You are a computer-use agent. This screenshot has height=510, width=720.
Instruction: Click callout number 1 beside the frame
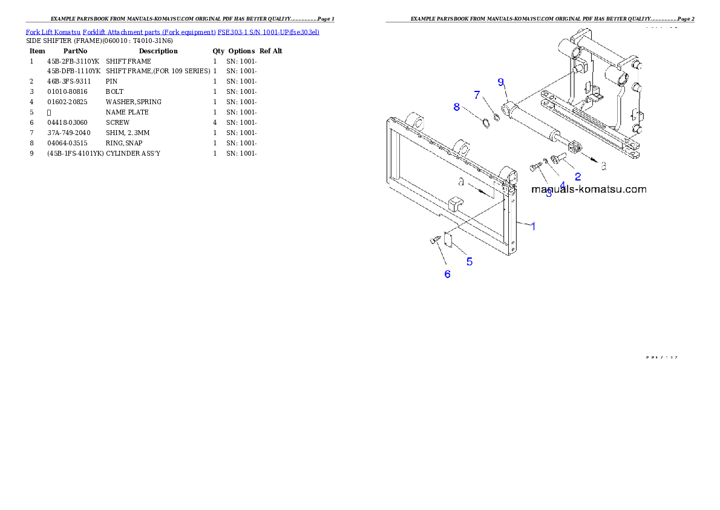tap(533, 226)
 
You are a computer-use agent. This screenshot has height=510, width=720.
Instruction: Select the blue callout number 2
tap(578, 177)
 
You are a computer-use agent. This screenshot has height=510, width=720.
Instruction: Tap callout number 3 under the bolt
tap(549, 194)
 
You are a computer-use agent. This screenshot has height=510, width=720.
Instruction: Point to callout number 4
tap(562, 185)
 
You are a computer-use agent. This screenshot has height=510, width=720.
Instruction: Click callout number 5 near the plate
tap(469, 262)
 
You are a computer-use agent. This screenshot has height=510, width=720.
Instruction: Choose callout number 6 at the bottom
tap(447, 274)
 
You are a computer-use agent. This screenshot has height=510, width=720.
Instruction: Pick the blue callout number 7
tap(477, 95)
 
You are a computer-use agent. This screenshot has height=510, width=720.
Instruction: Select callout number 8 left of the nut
tap(457, 107)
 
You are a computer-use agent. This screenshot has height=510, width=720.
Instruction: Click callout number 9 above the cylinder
tap(501, 82)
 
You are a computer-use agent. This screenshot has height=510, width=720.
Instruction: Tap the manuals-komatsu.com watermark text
tap(588, 190)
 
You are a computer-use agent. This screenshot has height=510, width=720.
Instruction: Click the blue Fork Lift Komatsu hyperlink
tap(172, 31)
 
